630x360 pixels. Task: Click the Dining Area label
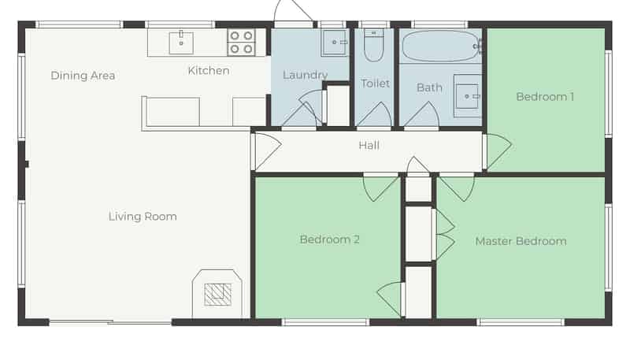[x=83, y=76]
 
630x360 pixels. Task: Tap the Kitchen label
[x=209, y=71]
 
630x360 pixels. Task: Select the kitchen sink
[x=181, y=43]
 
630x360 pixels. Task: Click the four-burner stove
[x=241, y=43]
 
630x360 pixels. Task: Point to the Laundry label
[x=305, y=75]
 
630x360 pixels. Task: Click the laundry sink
[x=334, y=43]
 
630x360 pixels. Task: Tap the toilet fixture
[x=373, y=45]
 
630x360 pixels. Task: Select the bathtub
[x=441, y=46]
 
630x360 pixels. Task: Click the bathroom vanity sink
[x=467, y=96]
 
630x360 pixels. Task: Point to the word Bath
[x=429, y=87]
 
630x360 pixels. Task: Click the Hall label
[x=369, y=145]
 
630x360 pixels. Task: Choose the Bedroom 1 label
[x=545, y=97]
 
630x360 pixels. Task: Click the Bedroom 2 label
[x=329, y=239]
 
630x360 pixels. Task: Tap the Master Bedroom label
[x=521, y=241]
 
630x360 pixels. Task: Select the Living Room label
[x=143, y=217]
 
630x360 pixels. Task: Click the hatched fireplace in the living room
[x=217, y=295]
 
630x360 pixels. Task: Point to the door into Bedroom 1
[x=497, y=152]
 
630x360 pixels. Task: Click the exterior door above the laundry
[x=293, y=11]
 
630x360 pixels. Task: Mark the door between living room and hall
[x=266, y=151]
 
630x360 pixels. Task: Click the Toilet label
[x=376, y=84]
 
